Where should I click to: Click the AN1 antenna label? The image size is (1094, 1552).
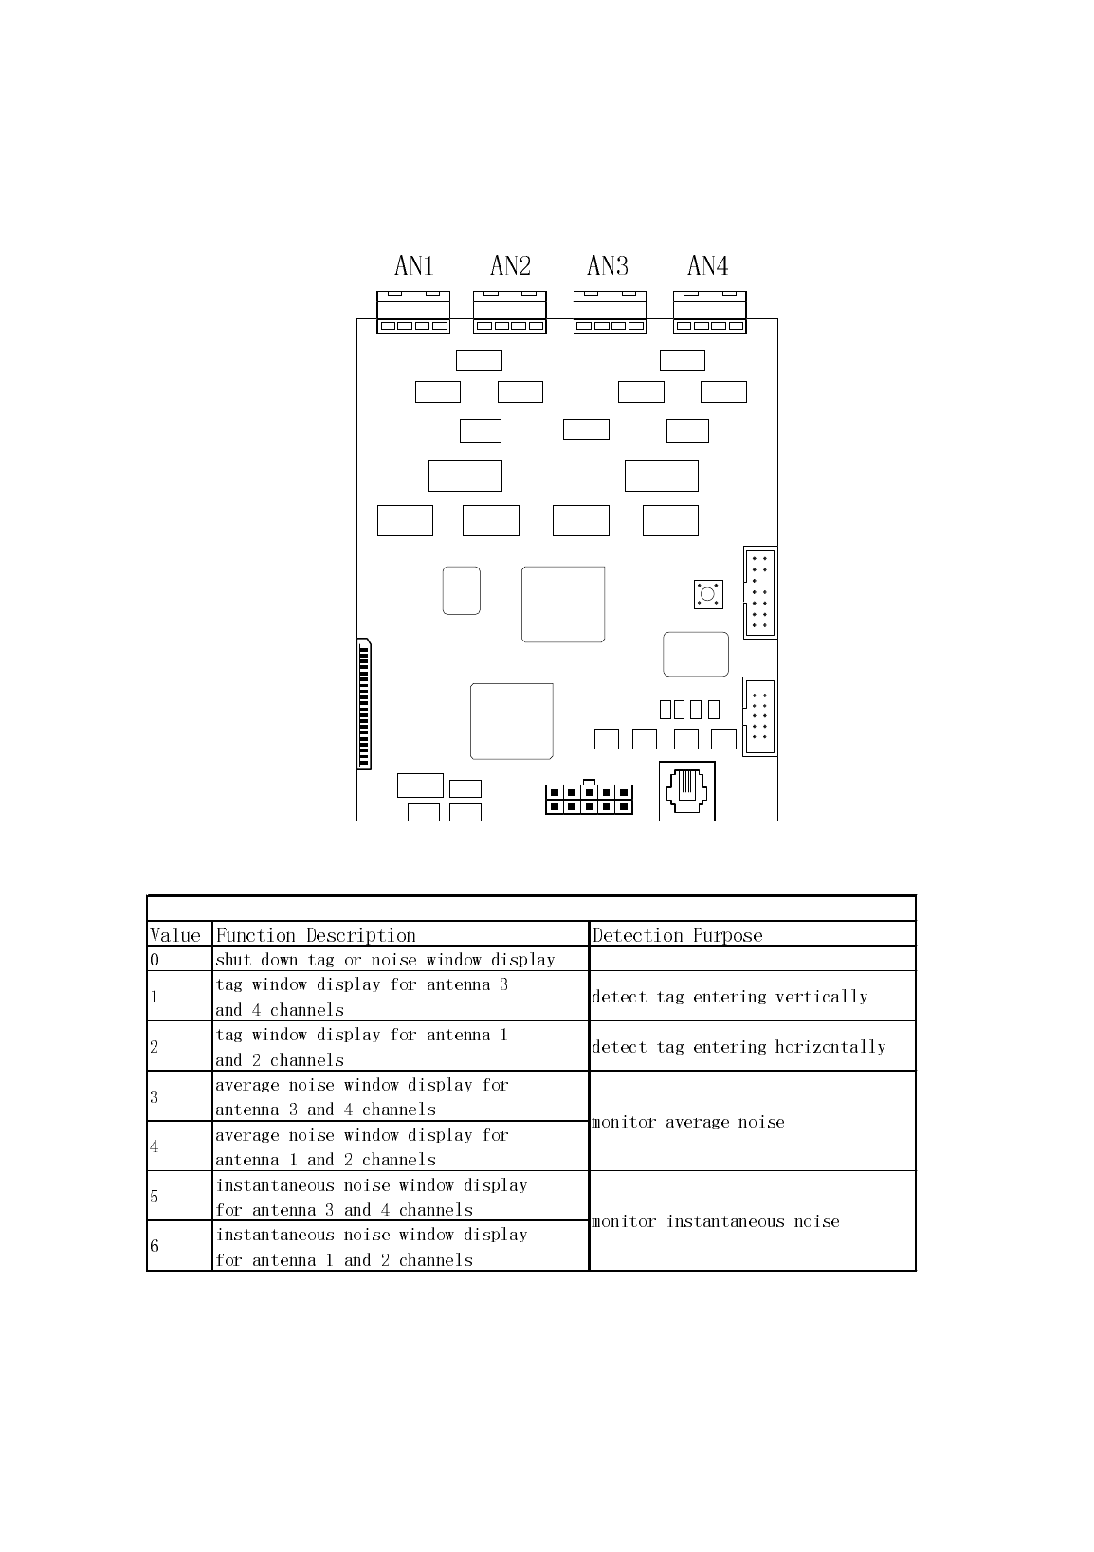coord(413,266)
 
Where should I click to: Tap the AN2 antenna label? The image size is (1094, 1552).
coord(510,266)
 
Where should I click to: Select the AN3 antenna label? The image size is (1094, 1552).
coord(608,266)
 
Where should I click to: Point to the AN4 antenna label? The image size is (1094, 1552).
coord(707,266)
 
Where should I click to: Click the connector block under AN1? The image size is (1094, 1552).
coord(413,313)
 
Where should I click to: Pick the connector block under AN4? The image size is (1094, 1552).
coord(709,313)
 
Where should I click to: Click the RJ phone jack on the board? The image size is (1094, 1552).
coord(686,791)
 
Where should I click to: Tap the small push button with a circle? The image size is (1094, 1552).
coord(708,595)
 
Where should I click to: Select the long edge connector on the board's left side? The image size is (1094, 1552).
coord(364,704)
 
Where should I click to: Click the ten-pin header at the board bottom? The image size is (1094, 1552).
coord(589,799)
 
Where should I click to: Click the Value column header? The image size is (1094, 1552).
coord(176,935)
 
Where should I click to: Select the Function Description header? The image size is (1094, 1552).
coord(317,935)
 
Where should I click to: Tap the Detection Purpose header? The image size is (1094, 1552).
coord(677,935)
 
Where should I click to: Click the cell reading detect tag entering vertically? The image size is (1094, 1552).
coord(730,996)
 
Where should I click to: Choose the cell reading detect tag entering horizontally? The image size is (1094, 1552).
coord(738,1047)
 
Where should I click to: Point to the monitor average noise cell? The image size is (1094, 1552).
coord(688,1122)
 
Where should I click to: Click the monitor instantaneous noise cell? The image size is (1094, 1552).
coord(716,1221)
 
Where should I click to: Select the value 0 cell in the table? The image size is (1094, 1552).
coord(178,959)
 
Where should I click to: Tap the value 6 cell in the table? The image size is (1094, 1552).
coord(178,1246)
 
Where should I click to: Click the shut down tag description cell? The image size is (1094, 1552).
coord(385,960)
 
